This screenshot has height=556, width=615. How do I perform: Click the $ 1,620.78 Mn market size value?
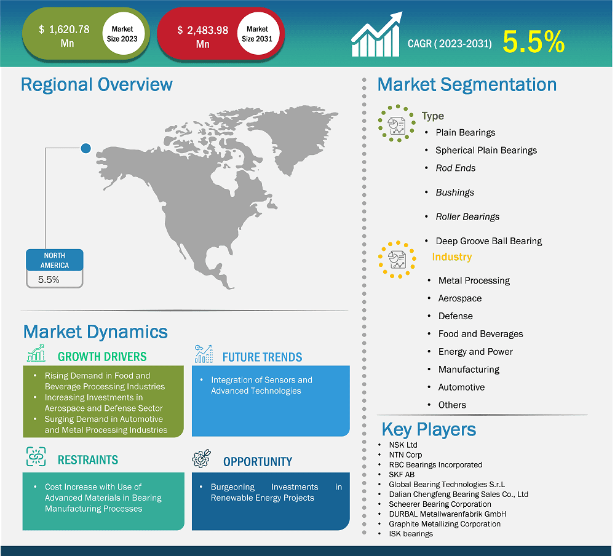coord(65,36)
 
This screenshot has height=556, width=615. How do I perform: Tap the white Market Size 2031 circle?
coord(257,34)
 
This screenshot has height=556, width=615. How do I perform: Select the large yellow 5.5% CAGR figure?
coord(533,42)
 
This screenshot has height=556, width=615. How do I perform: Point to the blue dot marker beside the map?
coord(86,148)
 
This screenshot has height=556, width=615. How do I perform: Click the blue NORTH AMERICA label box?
coord(55,260)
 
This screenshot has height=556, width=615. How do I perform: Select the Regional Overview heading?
coord(97,84)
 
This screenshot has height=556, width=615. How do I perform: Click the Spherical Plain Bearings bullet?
coord(486,150)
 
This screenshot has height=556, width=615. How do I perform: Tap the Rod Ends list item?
coord(455,168)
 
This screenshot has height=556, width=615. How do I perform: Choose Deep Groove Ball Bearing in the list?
coord(489,241)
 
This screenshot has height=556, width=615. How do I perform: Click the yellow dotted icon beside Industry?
coord(397,260)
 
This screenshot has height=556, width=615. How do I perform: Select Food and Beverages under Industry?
coord(480,334)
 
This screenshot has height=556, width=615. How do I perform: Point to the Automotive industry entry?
coord(461,387)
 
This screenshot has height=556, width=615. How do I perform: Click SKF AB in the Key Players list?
coord(402,474)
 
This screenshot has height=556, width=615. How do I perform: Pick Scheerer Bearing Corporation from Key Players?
coord(440,504)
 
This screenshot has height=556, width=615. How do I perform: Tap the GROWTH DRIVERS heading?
coord(102,357)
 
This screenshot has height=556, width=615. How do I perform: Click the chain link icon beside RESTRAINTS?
coord(36,456)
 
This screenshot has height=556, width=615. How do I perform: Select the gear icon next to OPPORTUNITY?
coord(202,459)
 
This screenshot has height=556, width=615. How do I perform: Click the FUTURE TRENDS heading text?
coord(263,357)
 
